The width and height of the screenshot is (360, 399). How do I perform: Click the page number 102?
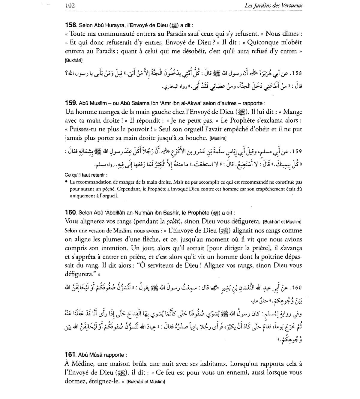coord(70,6)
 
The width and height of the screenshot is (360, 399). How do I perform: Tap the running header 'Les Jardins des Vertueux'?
coord(273,6)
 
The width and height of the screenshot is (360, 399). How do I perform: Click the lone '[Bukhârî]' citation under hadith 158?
coord(73,60)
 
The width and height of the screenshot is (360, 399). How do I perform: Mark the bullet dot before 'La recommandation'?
coord(66,182)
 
